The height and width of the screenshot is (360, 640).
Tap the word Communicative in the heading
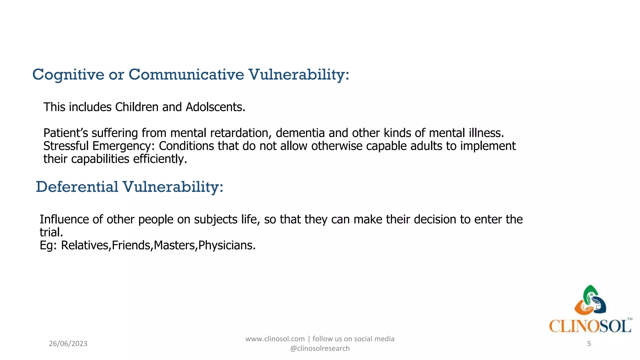[186, 74]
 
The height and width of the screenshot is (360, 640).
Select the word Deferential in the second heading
[77, 187]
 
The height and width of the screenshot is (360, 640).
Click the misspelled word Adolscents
[215, 107]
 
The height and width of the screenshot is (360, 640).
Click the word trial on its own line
[51, 232]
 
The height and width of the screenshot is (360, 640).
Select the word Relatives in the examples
[84, 246]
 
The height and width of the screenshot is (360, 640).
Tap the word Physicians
[227, 246]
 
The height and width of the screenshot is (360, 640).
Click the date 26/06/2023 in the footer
[68, 344]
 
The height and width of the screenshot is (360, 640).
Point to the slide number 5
[589, 344]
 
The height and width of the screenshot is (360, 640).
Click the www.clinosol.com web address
[275, 339]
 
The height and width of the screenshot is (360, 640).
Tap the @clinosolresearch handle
[320, 348]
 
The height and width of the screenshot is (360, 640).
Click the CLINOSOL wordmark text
[590, 326]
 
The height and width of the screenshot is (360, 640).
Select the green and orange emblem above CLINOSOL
[590, 300]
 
